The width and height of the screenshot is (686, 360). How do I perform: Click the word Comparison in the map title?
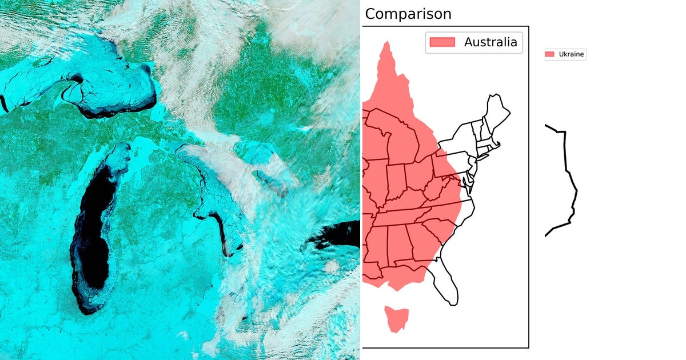(x=408, y=14)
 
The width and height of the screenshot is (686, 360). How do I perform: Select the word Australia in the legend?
(x=490, y=42)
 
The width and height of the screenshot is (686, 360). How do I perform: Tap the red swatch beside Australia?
(x=442, y=42)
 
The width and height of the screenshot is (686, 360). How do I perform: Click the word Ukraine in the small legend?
(x=571, y=54)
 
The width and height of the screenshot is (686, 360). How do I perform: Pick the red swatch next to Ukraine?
(x=550, y=54)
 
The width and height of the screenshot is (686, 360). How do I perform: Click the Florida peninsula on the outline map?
(x=446, y=286)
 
